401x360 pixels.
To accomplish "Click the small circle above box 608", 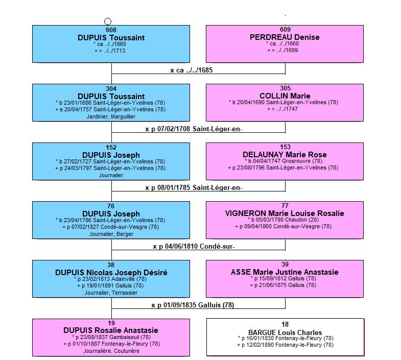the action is click(108, 21).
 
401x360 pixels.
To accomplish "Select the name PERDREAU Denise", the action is click(285, 37).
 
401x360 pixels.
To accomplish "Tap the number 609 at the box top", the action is click(285, 30).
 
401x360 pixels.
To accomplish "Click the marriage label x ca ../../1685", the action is click(191, 70).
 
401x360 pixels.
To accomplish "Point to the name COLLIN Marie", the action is click(285, 96).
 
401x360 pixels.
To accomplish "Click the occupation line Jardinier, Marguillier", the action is click(111, 116).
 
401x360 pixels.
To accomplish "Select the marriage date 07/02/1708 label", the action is click(194, 129).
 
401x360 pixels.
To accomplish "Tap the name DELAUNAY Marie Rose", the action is click(285, 155).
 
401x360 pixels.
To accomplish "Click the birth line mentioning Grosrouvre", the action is click(284, 161).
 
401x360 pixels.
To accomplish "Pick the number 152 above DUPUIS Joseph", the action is click(111, 148).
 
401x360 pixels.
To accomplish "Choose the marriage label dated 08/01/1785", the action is click(194, 188).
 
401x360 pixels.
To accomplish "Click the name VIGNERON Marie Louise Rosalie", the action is click(285, 213).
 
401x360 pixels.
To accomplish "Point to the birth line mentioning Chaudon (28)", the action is click(284, 220).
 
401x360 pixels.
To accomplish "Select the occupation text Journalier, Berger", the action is click(111, 234).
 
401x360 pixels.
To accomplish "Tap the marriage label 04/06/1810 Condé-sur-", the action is click(194, 247).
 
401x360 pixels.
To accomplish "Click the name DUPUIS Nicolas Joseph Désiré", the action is click(111, 272).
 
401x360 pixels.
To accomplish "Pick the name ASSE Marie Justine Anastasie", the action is click(285, 272).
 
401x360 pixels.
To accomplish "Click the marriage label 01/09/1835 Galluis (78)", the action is click(193, 305).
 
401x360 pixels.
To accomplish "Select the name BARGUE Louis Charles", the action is click(285, 332).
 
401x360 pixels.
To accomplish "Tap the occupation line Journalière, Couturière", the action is click(111, 351).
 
